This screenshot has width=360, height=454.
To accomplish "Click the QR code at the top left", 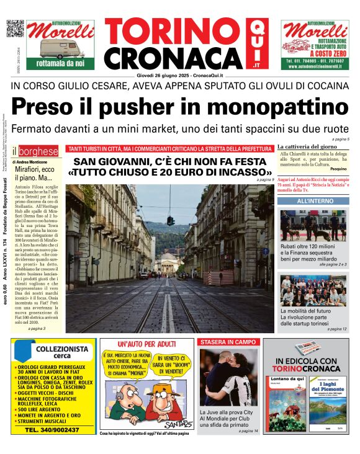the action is click(15, 29).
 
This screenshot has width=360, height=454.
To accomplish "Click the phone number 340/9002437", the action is click(52, 430).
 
